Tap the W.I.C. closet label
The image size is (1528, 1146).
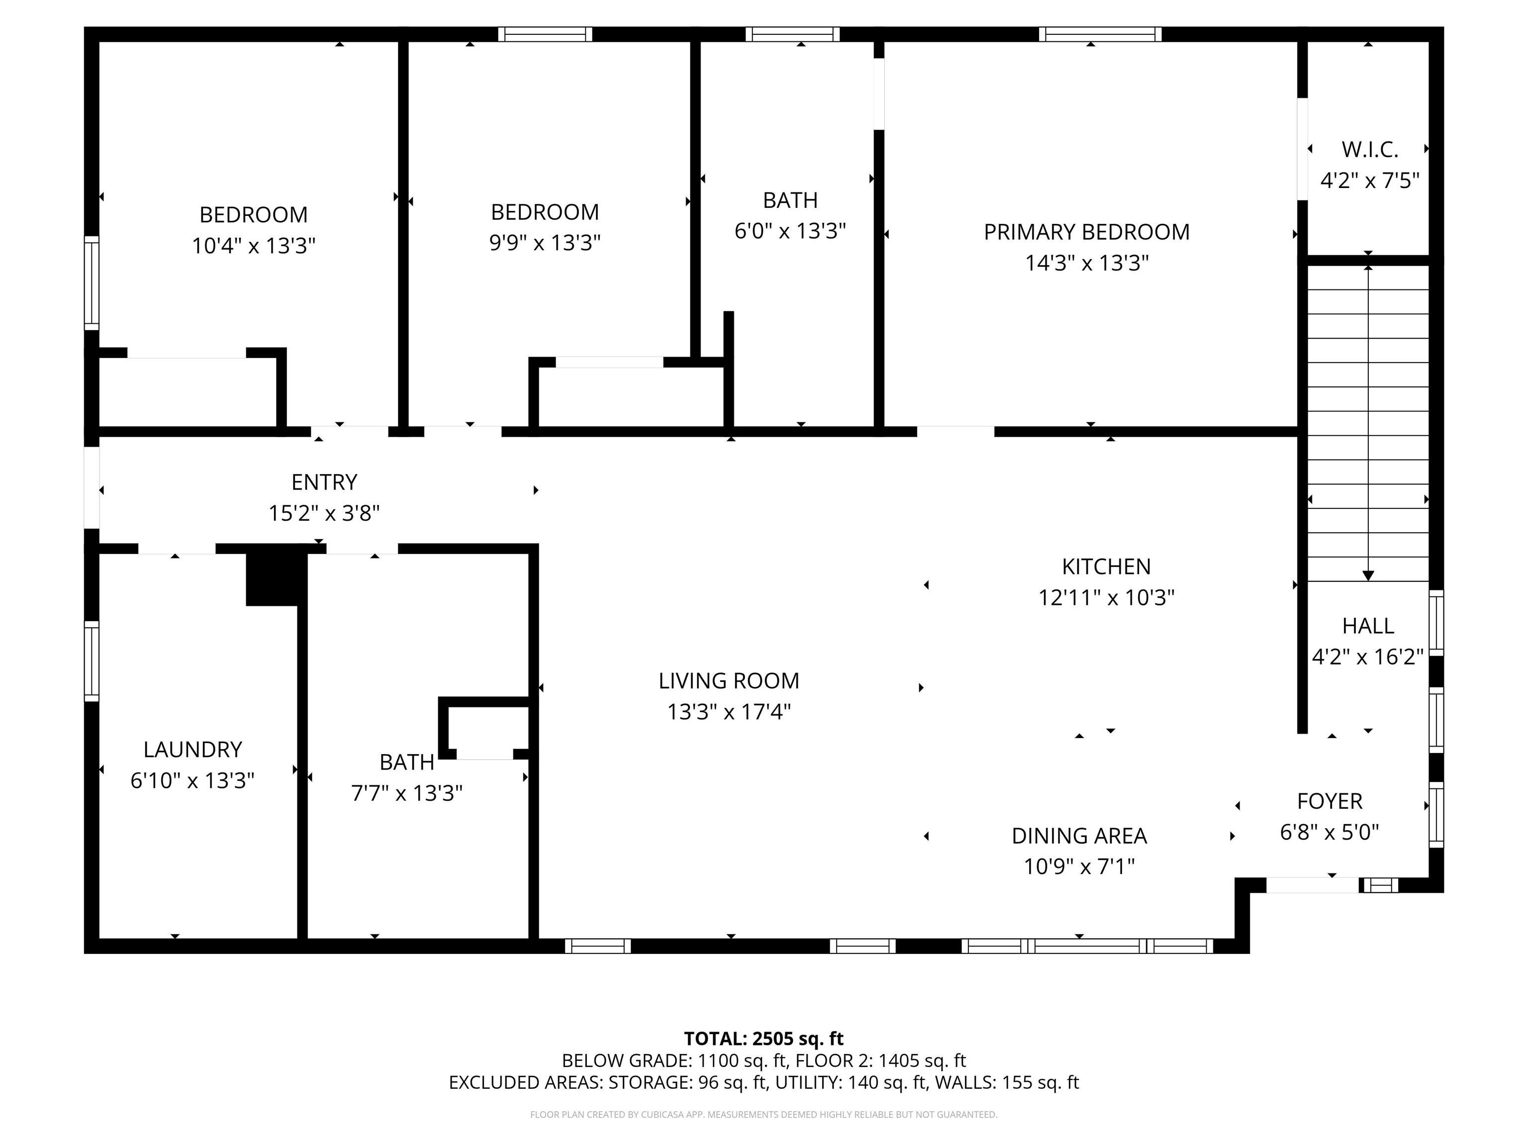tap(1369, 149)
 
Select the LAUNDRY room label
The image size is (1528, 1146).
tap(192, 750)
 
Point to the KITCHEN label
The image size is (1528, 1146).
tap(1106, 567)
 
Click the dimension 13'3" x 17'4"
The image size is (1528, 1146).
tap(729, 711)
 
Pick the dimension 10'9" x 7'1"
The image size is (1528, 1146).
tap(1079, 866)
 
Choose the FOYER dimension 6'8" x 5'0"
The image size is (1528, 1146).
tap(1329, 832)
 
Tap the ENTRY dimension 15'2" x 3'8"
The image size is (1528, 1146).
tap(324, 513)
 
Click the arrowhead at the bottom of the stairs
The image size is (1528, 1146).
tap(1368, 575)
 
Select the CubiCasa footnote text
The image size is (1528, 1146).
tap(764, 1114)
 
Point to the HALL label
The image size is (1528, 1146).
tap(1368, 626)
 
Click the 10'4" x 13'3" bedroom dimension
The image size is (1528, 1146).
tap(254, 246)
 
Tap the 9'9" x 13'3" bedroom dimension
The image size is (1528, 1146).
tap(545, 243)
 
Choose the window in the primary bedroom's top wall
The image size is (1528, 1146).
tap(1100, 34)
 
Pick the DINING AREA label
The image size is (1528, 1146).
tap(1079, 836)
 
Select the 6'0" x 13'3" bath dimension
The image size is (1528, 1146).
tap(790, 231)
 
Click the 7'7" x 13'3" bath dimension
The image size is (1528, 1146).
tap(407, 793)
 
